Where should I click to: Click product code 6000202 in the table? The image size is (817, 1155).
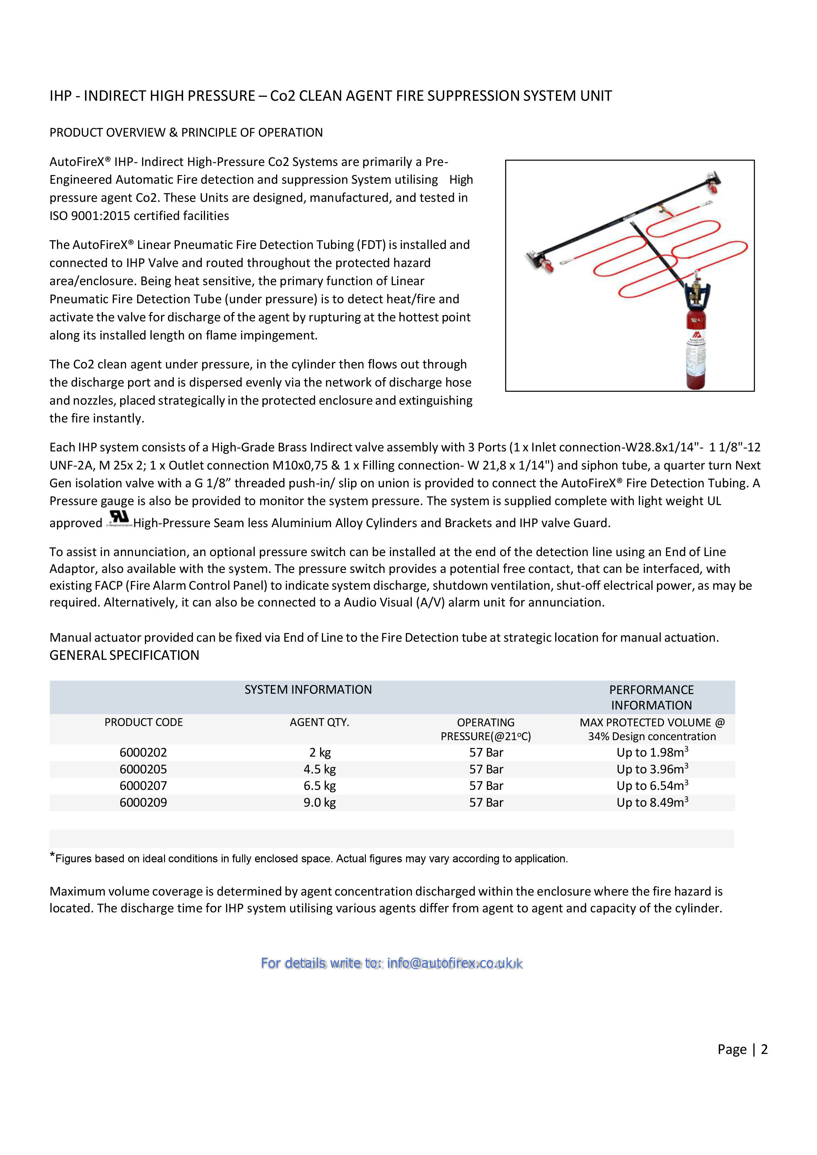(143, 753)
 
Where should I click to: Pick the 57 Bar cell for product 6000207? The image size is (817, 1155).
(486, 786)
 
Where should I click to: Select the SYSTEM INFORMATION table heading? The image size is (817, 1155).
(308, 690)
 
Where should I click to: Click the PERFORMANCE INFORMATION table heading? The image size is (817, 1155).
(651, 697)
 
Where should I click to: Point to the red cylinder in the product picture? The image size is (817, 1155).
(696, 352)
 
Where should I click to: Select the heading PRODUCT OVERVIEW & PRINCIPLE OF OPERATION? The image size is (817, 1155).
(186, 132)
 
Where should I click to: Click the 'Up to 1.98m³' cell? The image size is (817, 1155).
(652, 753)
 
